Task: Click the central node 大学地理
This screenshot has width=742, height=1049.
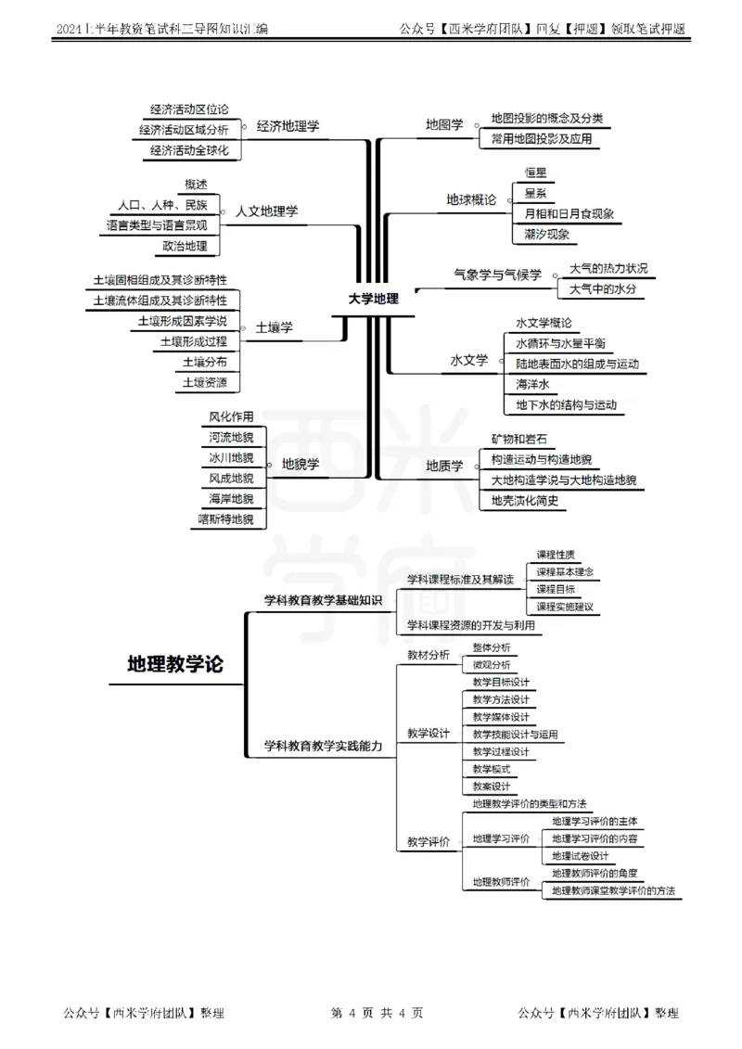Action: [x=373, y=299]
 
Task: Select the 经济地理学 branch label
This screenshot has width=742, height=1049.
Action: [x=288, y=126]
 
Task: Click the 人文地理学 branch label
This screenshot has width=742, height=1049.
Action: [x=267, y=211]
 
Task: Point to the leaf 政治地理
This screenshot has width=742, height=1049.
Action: [x=185, y=246]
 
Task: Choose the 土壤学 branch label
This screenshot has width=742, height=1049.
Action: [x=274, y=326]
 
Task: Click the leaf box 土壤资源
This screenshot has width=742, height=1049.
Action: [x=205, y=382]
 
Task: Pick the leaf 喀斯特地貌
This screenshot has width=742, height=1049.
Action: [x=225, y=519]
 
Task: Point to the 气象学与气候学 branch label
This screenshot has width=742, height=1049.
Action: [x=497, y=275]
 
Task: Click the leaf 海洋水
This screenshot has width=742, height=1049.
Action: [x=533, y=384]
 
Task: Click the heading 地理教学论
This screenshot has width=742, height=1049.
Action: [x=174, y=664]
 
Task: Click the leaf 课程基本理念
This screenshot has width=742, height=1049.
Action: [x=565, y=571]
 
